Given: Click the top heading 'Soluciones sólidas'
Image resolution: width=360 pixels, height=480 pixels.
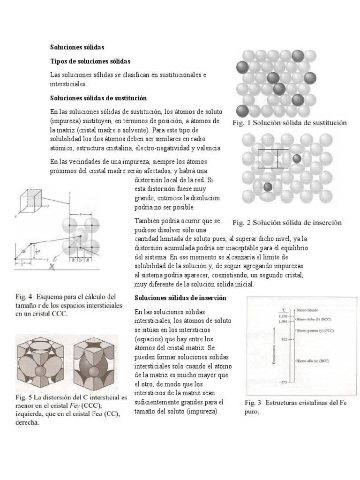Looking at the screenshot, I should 77,47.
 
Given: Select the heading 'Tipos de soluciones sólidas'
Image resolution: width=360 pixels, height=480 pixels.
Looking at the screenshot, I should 90,61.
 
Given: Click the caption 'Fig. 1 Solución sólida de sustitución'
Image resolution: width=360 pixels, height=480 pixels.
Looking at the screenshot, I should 290,123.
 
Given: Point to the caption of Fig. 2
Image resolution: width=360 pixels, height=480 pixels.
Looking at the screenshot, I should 287,222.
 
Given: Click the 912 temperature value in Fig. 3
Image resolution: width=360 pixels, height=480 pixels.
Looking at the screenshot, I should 283,338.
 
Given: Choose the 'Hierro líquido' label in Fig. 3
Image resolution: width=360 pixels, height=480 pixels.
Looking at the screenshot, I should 308,310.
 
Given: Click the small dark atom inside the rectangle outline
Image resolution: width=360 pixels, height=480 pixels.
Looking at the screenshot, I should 296,158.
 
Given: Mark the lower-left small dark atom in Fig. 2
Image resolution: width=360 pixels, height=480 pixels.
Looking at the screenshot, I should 268,187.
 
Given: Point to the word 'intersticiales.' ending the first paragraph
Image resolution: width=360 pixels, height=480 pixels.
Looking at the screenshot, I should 68,84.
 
